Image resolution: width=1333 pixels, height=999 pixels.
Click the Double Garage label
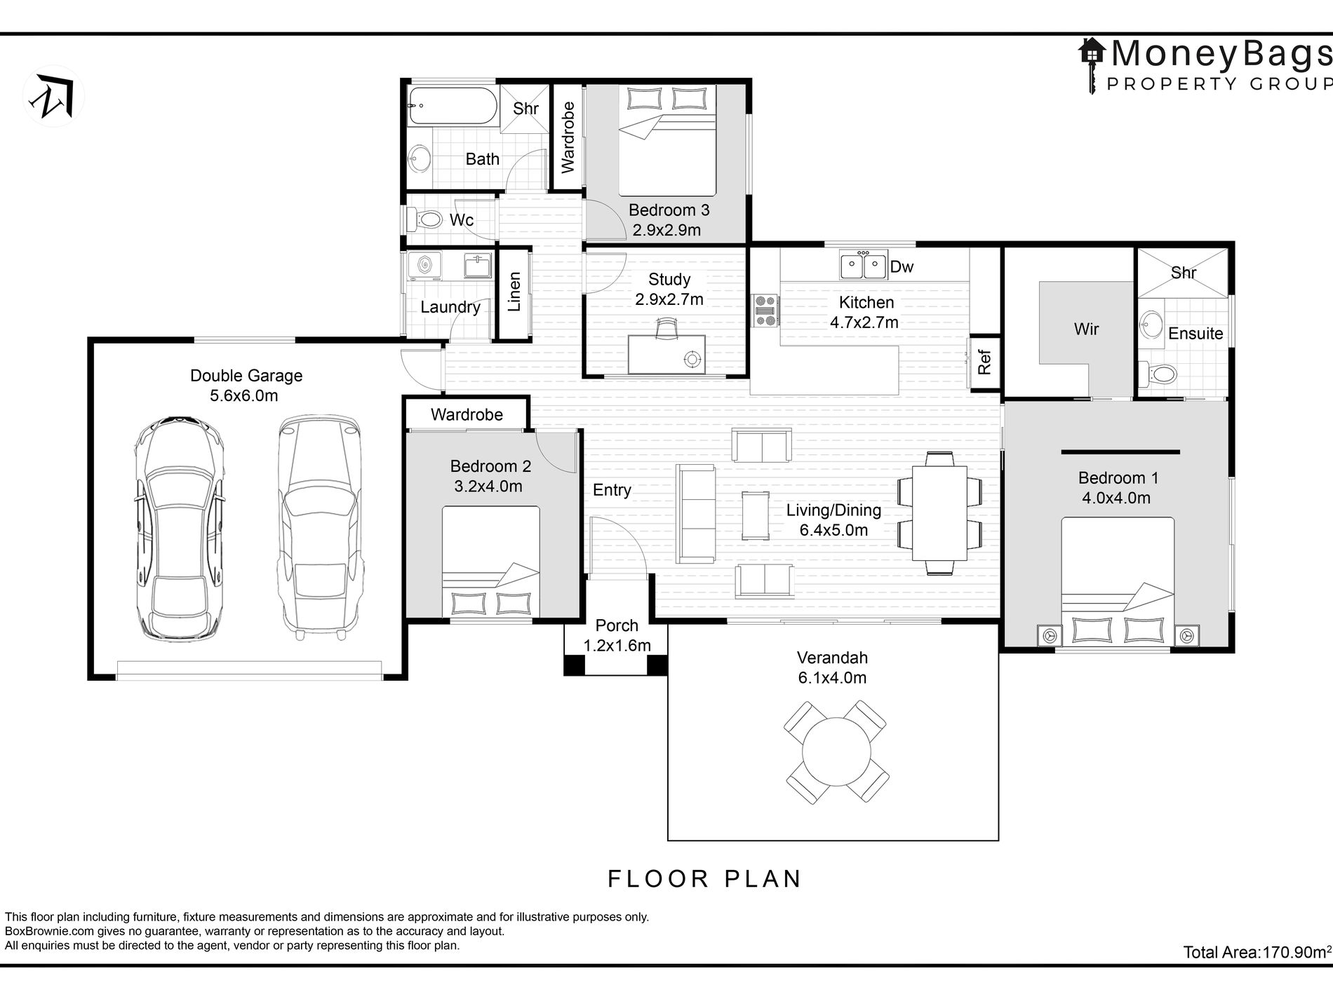pos(246,376)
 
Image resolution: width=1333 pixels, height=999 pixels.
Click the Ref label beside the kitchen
pos(984,362)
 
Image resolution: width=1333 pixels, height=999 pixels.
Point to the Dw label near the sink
pos(902,266)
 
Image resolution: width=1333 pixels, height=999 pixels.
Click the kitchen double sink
pos(864,266)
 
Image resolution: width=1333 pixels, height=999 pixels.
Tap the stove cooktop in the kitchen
pos(765,310)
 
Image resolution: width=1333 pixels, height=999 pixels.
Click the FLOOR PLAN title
pos(704,879)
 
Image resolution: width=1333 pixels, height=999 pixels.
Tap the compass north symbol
pos(54,96)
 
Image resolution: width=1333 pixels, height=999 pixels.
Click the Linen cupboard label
pos(514,292)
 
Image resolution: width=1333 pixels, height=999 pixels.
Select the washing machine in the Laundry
pos(424,266)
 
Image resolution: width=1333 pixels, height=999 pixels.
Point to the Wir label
pos(1086,329)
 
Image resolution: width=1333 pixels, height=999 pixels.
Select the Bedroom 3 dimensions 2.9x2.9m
pos(666,230)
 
